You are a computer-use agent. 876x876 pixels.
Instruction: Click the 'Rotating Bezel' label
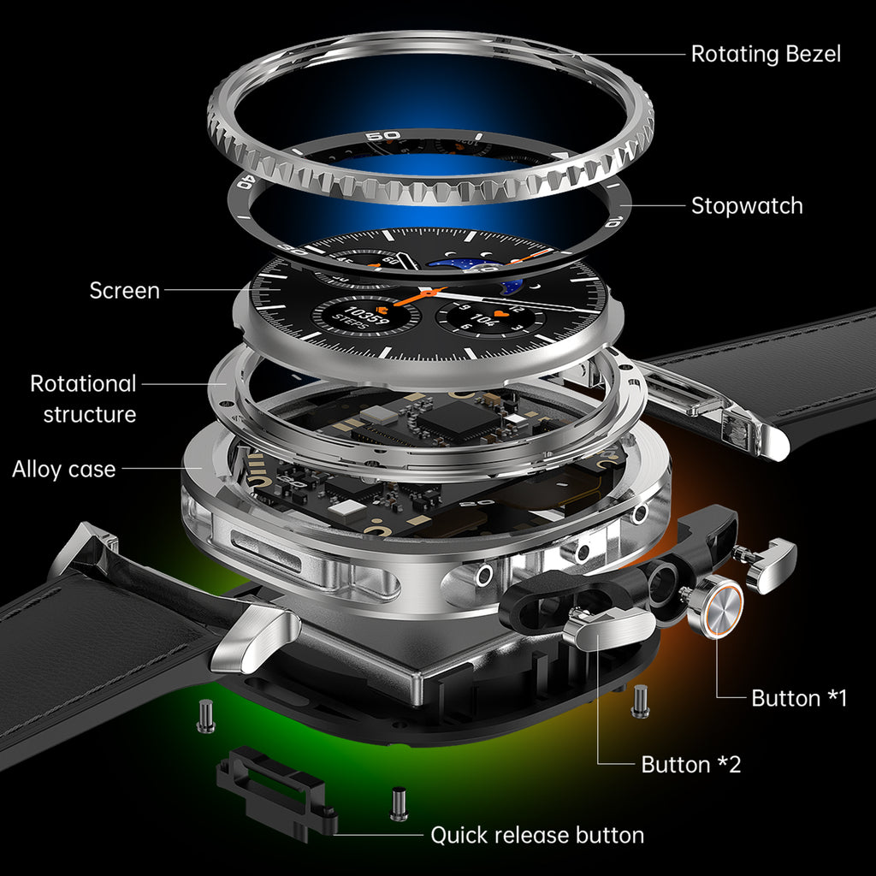click(766, 54)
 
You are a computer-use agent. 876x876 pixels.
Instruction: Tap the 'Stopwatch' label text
click(747, 206)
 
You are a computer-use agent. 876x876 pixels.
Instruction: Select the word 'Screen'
click(125, 291)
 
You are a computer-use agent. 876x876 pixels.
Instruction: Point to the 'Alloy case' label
click(63, 470)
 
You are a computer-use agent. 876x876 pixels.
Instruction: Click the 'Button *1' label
click(799, 698)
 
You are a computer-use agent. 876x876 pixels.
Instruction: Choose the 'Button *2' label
click(691, 764)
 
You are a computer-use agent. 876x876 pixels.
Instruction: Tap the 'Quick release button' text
click(537, 835)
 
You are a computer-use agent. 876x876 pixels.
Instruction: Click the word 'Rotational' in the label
click(83, 384)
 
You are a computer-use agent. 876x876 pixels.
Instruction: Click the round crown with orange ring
click(716, 607)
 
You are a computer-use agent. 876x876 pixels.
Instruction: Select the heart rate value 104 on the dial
click(482, 319)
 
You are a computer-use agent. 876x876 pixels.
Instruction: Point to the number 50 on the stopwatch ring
click(383, 136)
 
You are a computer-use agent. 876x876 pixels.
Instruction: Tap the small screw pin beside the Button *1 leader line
click(640, 701)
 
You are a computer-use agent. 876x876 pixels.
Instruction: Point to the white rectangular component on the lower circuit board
click(347, 508)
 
